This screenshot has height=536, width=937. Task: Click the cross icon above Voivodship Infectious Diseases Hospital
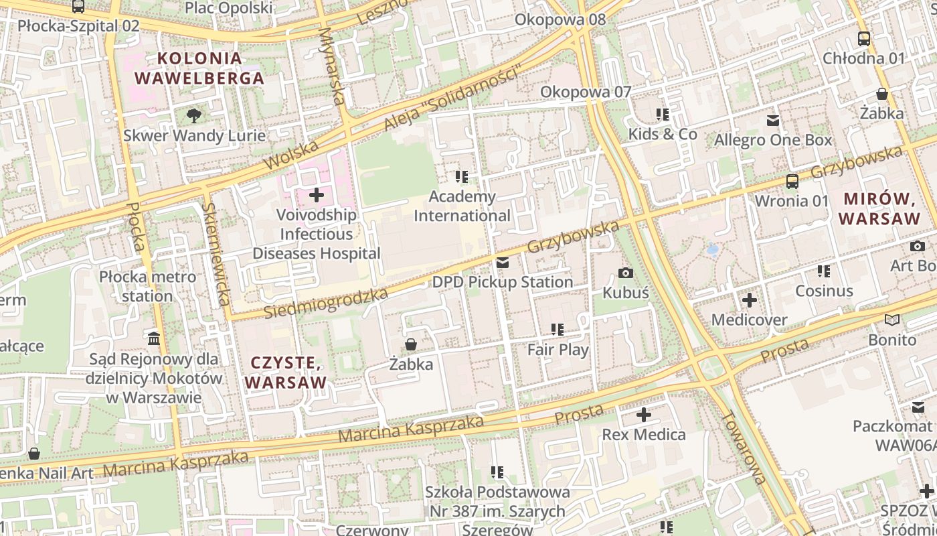(x=317, y=195)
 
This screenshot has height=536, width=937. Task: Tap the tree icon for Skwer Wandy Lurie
(x=194, y=115)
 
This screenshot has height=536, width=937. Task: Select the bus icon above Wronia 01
(x=792, y=181)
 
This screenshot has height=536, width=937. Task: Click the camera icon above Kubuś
(x=626, y=273)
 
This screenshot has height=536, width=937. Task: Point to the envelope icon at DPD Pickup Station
(x=503, y=263)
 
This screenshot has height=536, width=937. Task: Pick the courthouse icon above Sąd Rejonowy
(x=154, y=339)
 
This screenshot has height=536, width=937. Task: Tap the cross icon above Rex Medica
(x=643, y=415)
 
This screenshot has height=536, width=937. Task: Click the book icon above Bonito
(x=891, y=320)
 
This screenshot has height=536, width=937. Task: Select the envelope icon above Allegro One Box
(x=773, y=121)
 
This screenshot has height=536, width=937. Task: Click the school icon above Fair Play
(x=558, y=330)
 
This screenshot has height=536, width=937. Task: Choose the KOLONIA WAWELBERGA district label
(x=199, y=68)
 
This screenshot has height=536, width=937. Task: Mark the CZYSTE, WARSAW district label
(x=286, y=373)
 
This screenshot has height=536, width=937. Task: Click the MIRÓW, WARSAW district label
(x=879, y=208)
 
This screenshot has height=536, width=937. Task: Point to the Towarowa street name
(x=743, y=447)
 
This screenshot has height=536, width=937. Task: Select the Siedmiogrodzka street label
(x=326, y=304)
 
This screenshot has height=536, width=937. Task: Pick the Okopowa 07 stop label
(x=586, y=92)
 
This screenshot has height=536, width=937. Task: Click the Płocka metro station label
(x=147, y=286)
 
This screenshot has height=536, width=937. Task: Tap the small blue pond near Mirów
(x=713, y=251)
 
